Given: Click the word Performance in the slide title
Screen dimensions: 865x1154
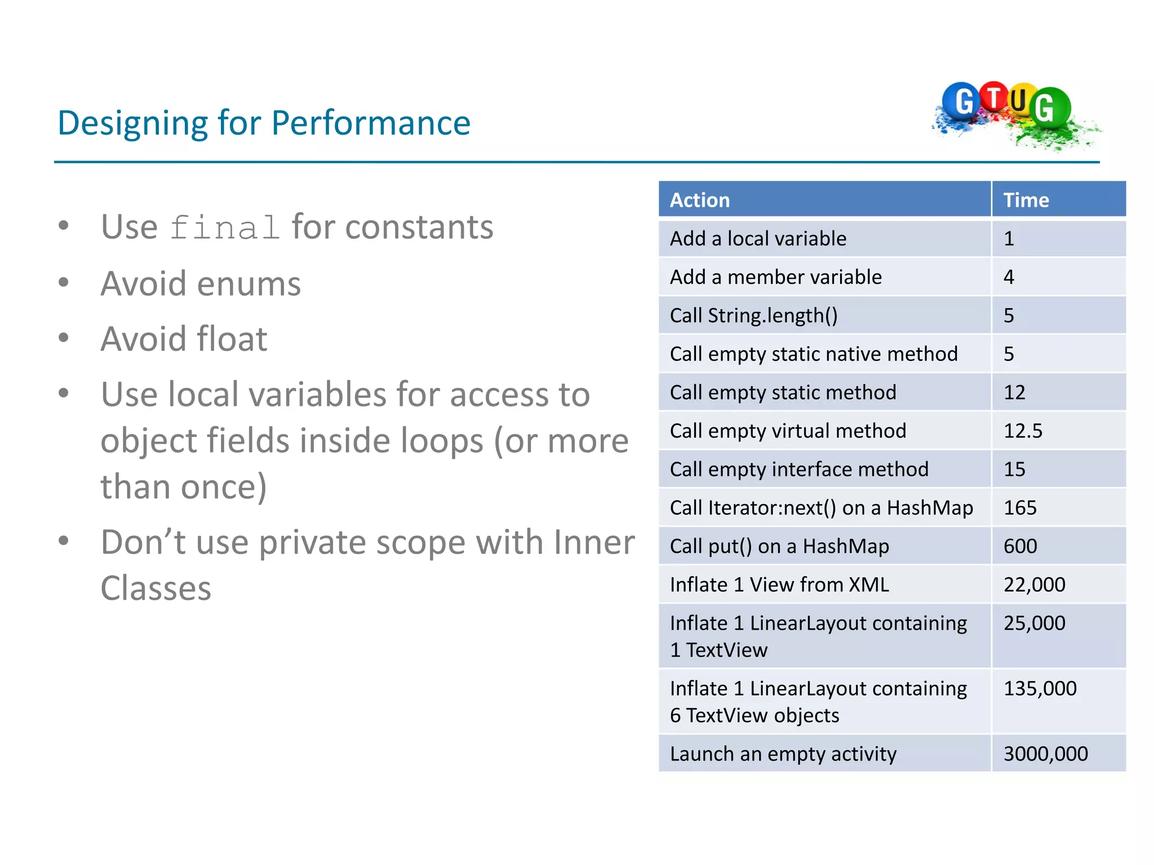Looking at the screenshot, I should (371, 123).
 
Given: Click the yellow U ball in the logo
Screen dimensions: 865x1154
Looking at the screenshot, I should (1019, 101).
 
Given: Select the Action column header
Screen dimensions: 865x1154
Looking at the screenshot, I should (700, 200).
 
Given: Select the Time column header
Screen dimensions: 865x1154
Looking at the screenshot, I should (1026, 200).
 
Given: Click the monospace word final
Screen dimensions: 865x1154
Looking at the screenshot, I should (224, 228).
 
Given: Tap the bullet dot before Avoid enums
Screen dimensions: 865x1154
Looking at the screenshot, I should (64, 282).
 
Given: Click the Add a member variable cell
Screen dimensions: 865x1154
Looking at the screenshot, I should (775, 277).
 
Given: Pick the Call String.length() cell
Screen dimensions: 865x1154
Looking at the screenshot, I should (753, 315).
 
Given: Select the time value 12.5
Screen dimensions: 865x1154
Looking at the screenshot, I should (1023, 431).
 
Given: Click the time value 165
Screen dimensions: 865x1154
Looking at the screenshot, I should (1020, 508).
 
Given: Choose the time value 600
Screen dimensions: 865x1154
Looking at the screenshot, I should (1020, 546).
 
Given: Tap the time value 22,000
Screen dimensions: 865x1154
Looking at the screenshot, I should (1034, 585).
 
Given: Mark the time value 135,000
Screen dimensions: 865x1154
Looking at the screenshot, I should (1040, 688).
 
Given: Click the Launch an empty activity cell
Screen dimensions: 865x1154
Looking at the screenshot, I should (783, 754).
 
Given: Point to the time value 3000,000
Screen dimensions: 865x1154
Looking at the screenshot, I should (1045, 754).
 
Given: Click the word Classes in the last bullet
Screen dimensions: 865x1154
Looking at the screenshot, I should (156, 588).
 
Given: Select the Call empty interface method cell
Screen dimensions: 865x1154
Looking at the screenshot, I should (798, 470).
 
